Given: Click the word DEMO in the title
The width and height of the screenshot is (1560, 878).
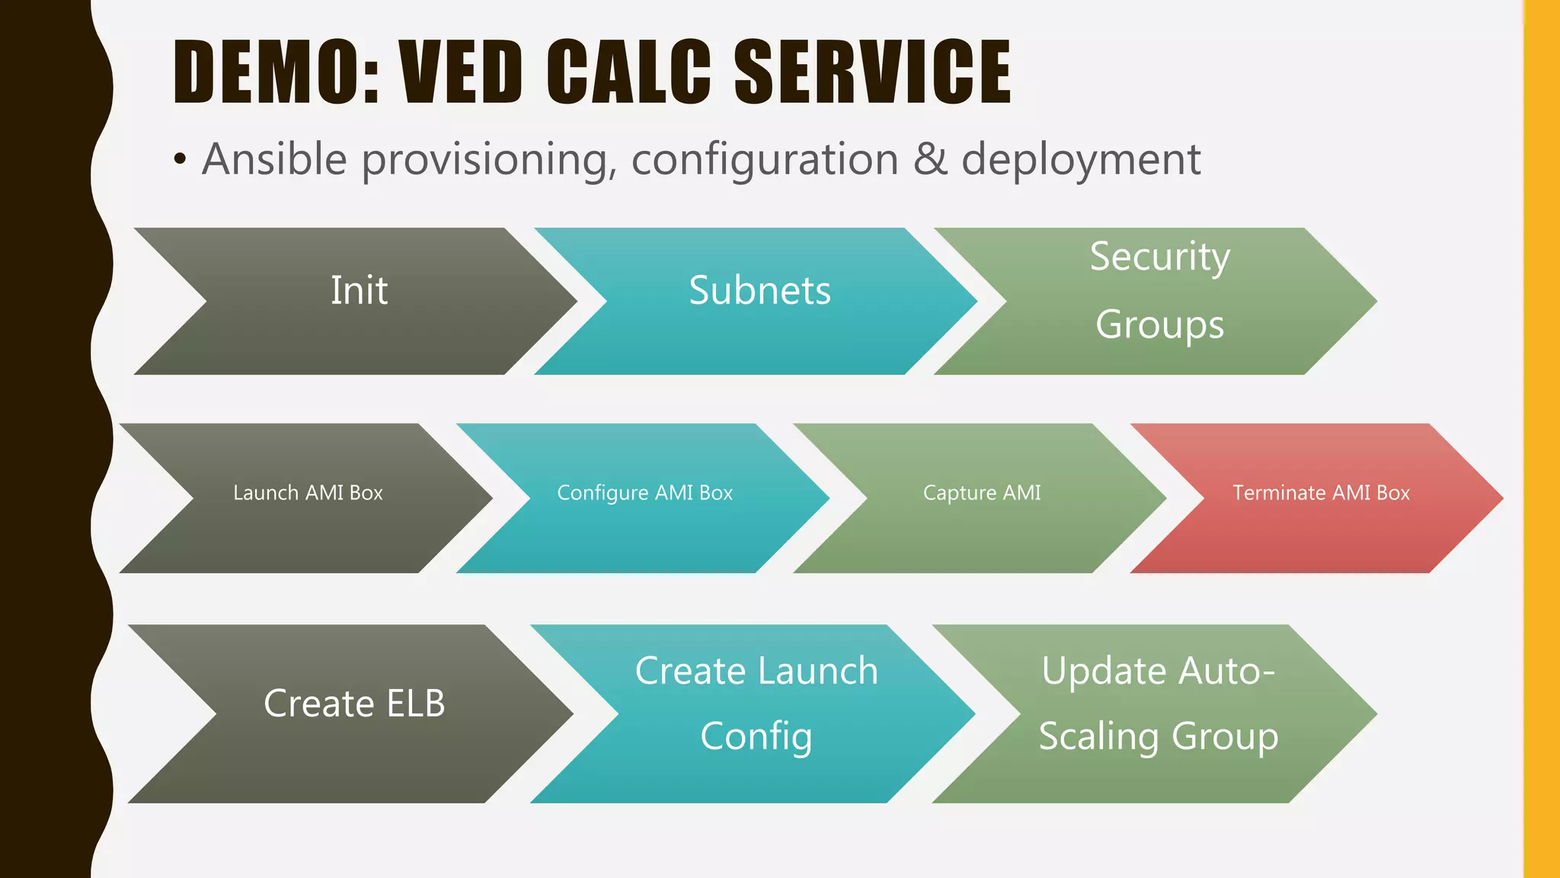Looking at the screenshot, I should (x=274, y=72).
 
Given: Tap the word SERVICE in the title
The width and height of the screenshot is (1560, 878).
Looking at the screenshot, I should (x=871, y=72).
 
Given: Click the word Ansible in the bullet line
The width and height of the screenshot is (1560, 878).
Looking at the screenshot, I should (x=274, y=159).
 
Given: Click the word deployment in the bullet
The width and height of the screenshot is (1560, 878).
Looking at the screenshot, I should (x=1081, y=161).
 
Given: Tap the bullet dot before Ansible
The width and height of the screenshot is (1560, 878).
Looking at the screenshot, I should (x=179, y=160).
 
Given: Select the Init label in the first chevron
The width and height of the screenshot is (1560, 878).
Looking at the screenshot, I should (x=359, y=290).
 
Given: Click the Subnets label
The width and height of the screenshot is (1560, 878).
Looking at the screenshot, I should (x=759, y=290).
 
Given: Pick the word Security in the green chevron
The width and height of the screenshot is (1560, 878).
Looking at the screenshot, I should (x=1159, y=257).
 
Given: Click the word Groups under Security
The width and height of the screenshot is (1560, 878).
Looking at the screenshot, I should (x=1159, y=325).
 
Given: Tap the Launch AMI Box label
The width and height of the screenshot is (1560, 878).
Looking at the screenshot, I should (x=308, y=493).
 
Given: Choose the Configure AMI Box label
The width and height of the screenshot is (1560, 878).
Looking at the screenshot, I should (x=644, y=493).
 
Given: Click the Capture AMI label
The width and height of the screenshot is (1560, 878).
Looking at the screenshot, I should (x=981, y=493).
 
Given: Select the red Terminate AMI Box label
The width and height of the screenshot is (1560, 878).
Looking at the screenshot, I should (x=1321, y=493).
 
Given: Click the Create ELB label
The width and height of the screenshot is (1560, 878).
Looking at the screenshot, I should (x=354, y=703).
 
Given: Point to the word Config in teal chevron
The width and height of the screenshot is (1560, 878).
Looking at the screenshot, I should (x=756, y=737).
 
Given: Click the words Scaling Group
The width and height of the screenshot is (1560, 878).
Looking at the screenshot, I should (x=1158, y=737).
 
